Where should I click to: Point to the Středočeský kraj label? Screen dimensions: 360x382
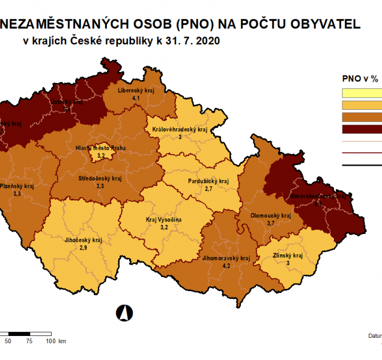pyautogui.click(x=100, y=179)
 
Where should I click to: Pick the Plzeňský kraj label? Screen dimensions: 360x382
pyautogui.click(x=17, y=187)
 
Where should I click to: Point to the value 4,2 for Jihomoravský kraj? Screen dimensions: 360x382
pyautogui.click(x=226, y=265)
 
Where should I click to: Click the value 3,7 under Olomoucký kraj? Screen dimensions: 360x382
pyautogui.click(x=271, y=223)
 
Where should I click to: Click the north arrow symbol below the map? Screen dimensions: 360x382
pyautogui.click(x=126, y=312)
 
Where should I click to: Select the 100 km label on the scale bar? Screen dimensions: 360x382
pyautogui.click(x=56, y=341)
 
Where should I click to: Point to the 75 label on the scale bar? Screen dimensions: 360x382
pyautogui.click(x=29, y=341)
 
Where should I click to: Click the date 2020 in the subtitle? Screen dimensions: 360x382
pyautogui.click(x=207, y=41)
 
